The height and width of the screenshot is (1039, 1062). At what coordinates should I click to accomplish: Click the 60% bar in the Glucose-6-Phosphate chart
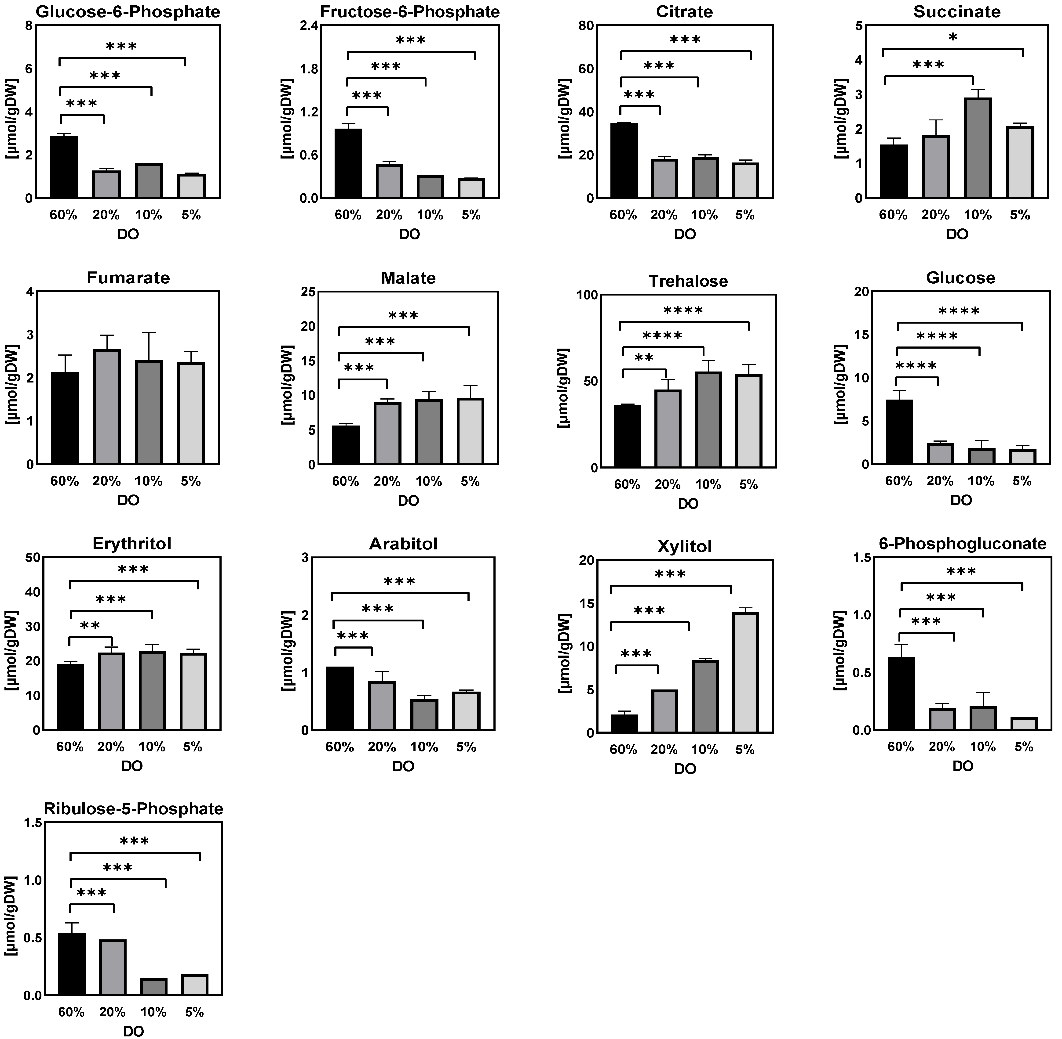coord(64,167)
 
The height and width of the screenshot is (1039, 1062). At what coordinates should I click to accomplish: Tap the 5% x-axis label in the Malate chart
coord(470,481)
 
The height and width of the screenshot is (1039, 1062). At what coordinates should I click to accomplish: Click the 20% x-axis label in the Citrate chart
coord(664,215)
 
